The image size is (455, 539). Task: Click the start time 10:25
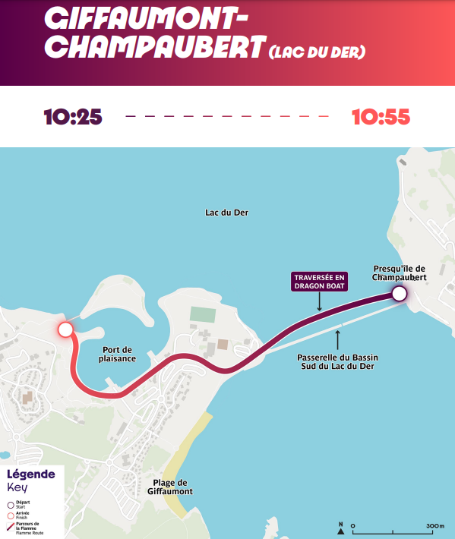pos(72,117)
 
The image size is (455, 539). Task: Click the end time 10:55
pos(381,117)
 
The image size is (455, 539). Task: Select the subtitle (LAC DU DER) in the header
pos(317,52)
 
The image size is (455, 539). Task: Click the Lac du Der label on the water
pos(226,213)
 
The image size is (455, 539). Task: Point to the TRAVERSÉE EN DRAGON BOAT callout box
pos(319,282)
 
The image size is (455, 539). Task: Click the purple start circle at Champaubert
pos(399,295)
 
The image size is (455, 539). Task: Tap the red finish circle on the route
pos(65,329)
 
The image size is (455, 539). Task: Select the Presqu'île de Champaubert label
pos(399,273)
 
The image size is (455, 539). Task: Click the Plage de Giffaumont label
pos(170,487)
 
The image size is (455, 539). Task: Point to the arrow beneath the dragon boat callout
pos(319,301)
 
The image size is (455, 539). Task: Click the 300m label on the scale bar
pos(434,525)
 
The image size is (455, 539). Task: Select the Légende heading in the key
pos(30,474)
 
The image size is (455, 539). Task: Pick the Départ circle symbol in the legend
pos(11,504)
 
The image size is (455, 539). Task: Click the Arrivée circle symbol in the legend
pos(11,515)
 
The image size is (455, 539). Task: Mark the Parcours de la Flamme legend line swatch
pos(11,525)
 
